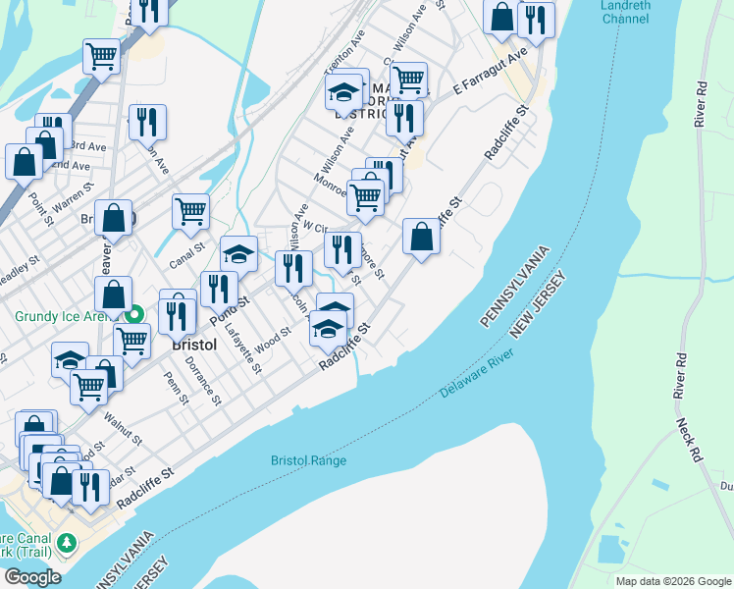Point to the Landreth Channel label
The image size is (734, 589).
tap(626, 11)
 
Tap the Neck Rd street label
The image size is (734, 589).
tap(689, 439)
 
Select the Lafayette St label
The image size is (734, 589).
tap(243, 350)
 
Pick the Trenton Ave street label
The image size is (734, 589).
tap(344, 58)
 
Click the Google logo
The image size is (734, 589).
tap(31, 576)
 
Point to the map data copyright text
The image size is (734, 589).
tap(672, 581)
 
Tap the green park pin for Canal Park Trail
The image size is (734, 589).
tap(66, 542)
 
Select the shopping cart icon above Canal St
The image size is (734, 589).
tap(190, 209)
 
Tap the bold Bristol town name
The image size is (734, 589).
tap(193, 346)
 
